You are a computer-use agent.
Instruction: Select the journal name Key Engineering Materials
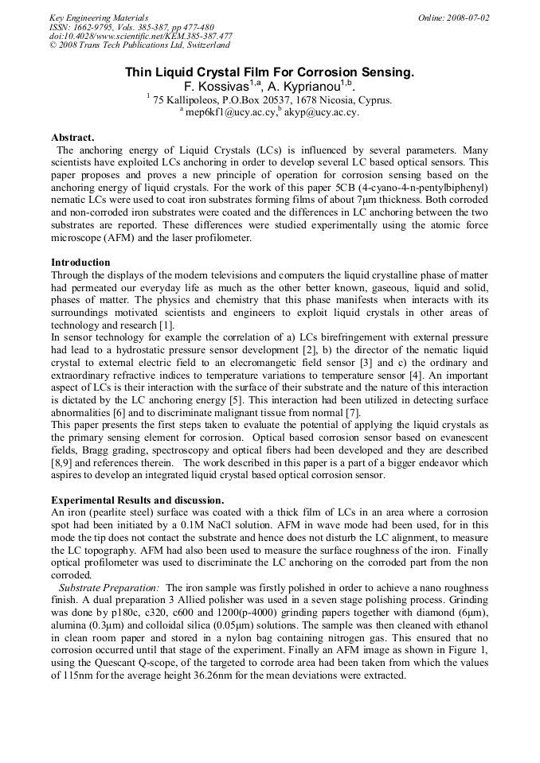(99, 18)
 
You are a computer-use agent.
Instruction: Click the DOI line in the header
(140, 36)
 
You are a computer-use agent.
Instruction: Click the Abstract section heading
(72, 137)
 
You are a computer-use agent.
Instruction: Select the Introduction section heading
(81, 262)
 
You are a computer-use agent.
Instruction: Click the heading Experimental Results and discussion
(137, 499)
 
